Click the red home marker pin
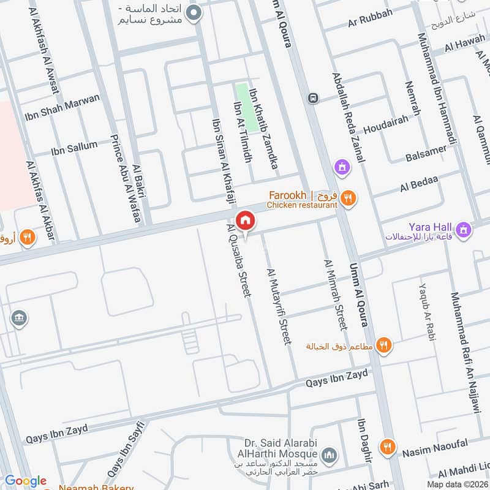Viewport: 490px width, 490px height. pos(246,220)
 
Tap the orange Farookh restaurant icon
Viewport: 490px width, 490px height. pos(348,197)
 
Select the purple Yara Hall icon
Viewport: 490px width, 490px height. pos(465,230)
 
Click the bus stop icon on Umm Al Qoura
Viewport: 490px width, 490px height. pos(314,98)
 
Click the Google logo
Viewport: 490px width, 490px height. pos(26,481)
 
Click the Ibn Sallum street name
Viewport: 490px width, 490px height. pos(74,146)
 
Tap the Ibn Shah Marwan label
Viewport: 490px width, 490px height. pos(62,108)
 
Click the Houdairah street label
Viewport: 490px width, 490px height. pos(385,129)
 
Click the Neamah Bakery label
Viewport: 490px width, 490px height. pos(96,487)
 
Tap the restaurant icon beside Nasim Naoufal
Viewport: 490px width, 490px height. pos(386,446)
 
